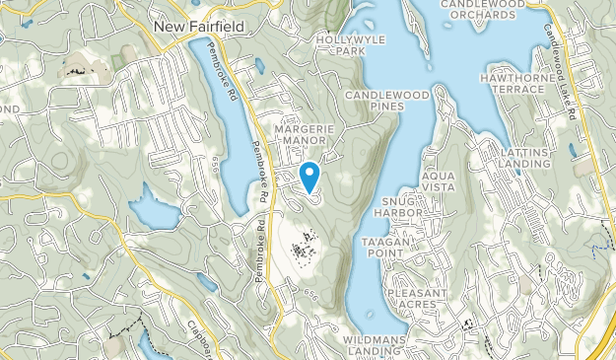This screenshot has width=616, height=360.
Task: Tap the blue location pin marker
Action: pos(310,177)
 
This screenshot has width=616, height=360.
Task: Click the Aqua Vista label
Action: pos(440,181)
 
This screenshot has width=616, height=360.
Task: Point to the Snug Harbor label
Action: pos(398,206)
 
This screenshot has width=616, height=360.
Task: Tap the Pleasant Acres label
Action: pos(419,299)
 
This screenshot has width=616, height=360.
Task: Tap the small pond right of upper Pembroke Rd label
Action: pos(258,66)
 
